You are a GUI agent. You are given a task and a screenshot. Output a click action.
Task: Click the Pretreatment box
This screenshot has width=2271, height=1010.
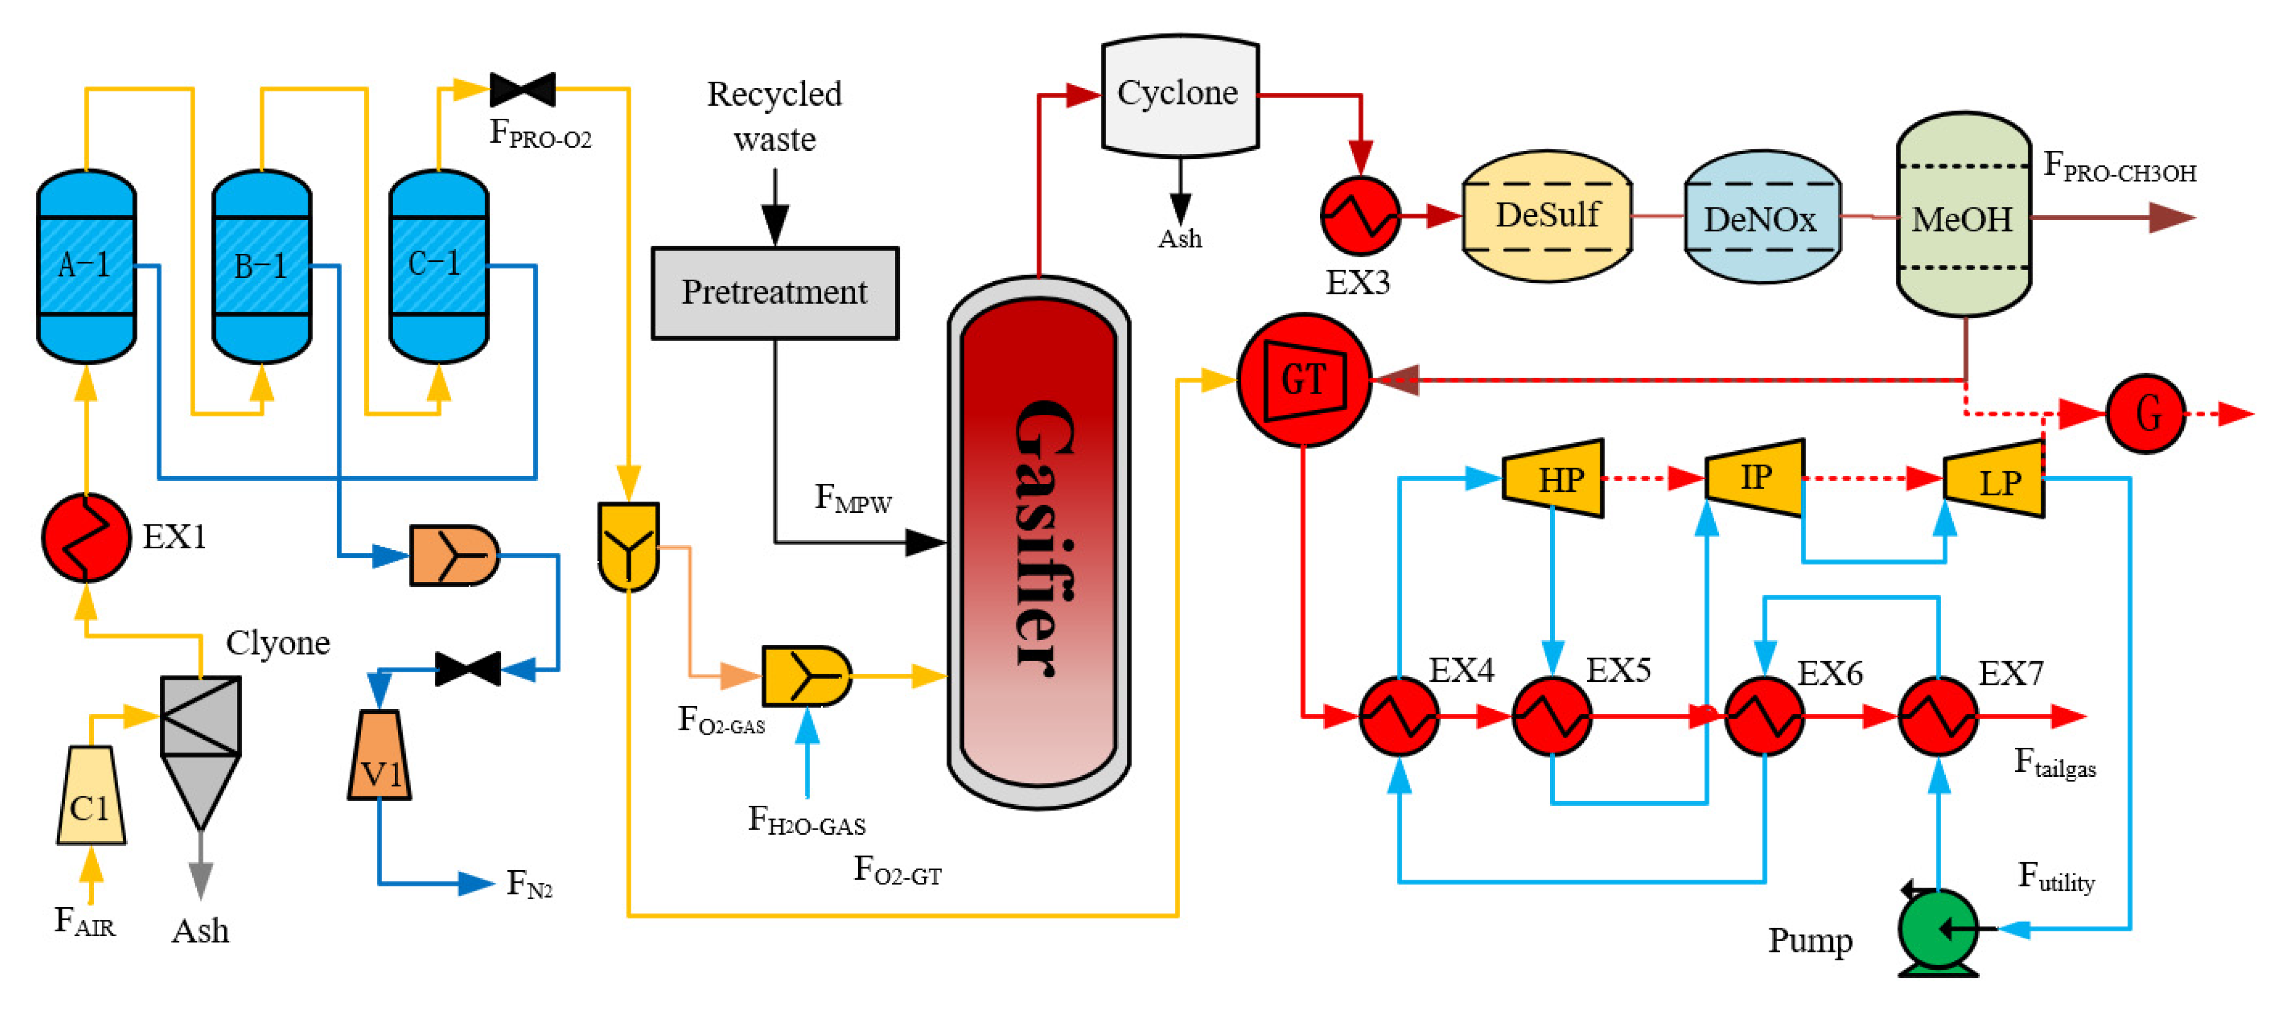pyautogui.click(x=774, y=292)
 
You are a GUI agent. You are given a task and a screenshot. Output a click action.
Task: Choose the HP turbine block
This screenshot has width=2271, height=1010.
pyautogui.click(x=1553, y=479)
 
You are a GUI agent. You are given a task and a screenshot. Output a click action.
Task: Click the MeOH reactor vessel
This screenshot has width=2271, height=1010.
pyautogui.click(x=1963, y=216)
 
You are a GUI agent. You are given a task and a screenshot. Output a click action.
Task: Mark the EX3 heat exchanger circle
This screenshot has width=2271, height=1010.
pyautogui.click(x=1360, y=216)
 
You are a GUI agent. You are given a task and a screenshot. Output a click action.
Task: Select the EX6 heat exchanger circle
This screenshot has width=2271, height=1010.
pyautogui.click(x=1763, y=716)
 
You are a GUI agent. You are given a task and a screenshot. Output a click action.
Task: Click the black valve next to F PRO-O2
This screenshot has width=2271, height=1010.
pyautogui.click(x=522, y=90)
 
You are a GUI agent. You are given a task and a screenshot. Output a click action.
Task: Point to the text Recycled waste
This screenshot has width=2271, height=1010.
pyautogui.click(x=774, y=116)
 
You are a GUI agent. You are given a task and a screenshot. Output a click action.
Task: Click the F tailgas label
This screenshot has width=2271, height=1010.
pyautogui.click(x=2054, y=763)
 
